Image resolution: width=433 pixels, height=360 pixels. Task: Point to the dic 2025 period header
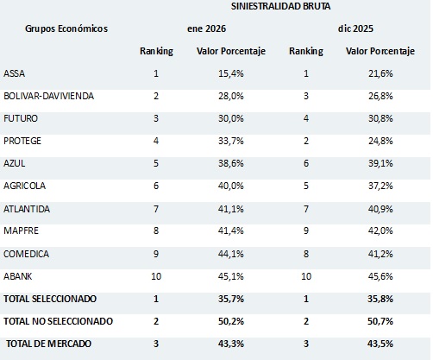click(x=357, y=28)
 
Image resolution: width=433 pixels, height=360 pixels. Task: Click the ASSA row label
click(x=15, y=72)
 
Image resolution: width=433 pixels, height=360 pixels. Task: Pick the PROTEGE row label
click(x=22, y=140)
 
